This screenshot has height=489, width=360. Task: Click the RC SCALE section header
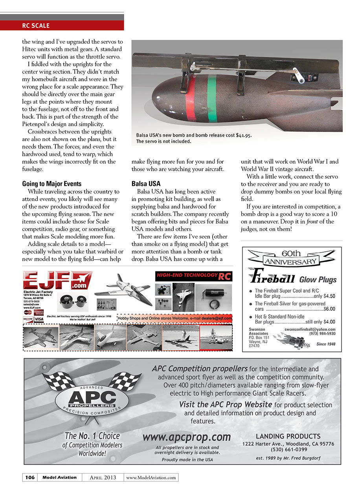pyautogui.click(x=36, y=26)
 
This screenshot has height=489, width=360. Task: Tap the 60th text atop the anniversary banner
pyautogui.click(x=291, y=253)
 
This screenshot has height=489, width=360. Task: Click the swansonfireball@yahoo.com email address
pyautogui.click(x=310, y=329)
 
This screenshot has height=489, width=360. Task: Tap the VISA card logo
pyautogui.click(x=39, y=319)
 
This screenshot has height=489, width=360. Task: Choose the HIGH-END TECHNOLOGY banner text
pyautogui.click(x=187, y=275)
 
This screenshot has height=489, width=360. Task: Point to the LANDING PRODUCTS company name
pyautogui.click(x=288, y=436)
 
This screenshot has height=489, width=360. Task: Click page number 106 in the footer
pyautogui.click(x=30, y=477)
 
